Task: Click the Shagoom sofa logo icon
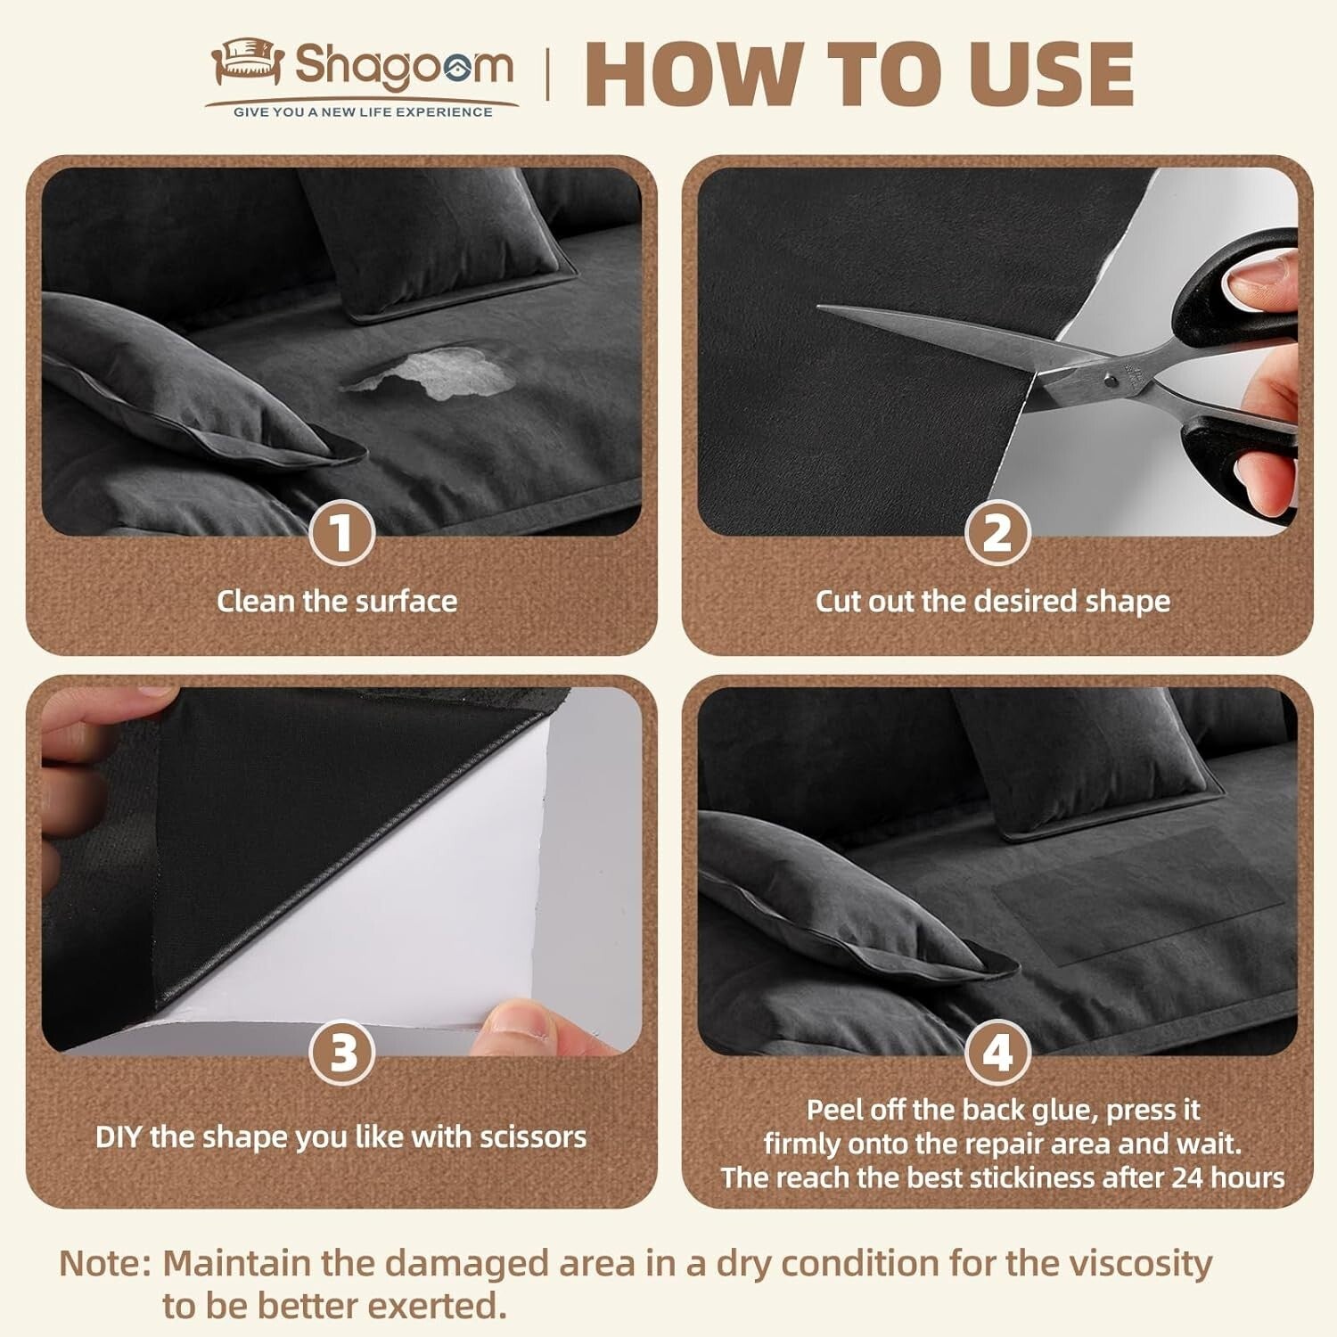pyautogui.click(x=247, y=62)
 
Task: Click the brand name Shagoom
pyautogui.click(x=404, y=67)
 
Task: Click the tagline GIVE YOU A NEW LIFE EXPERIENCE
pyautogui.click(x=363, y=112)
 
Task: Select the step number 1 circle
pyautogui.click(x=341, y=533)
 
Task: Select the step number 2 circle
pyautogui.click(x=997, y=533)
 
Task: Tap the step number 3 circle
pyautogui.click(x=341, y=1053)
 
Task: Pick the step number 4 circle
pyautogui.click(x=997, y=1053)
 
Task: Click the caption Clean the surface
pyautogui.click(x=337, y=602)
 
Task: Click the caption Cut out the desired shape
pyautogui.click(x=993, y=602)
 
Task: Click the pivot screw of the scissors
pyautogui.click(x=1111, y=381)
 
